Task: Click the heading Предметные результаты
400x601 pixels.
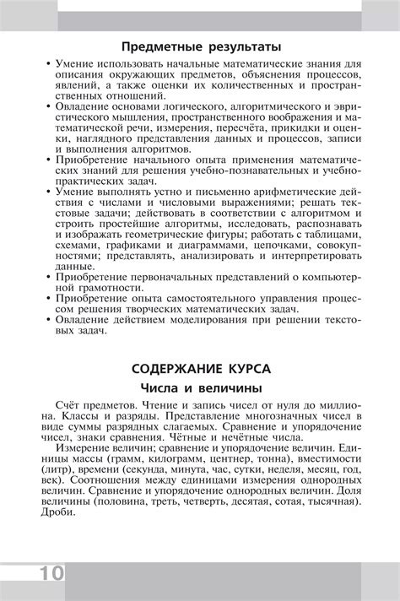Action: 201,46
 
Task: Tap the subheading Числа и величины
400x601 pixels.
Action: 201,388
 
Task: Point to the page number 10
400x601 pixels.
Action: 49,573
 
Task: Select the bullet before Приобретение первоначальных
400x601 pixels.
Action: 47,275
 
